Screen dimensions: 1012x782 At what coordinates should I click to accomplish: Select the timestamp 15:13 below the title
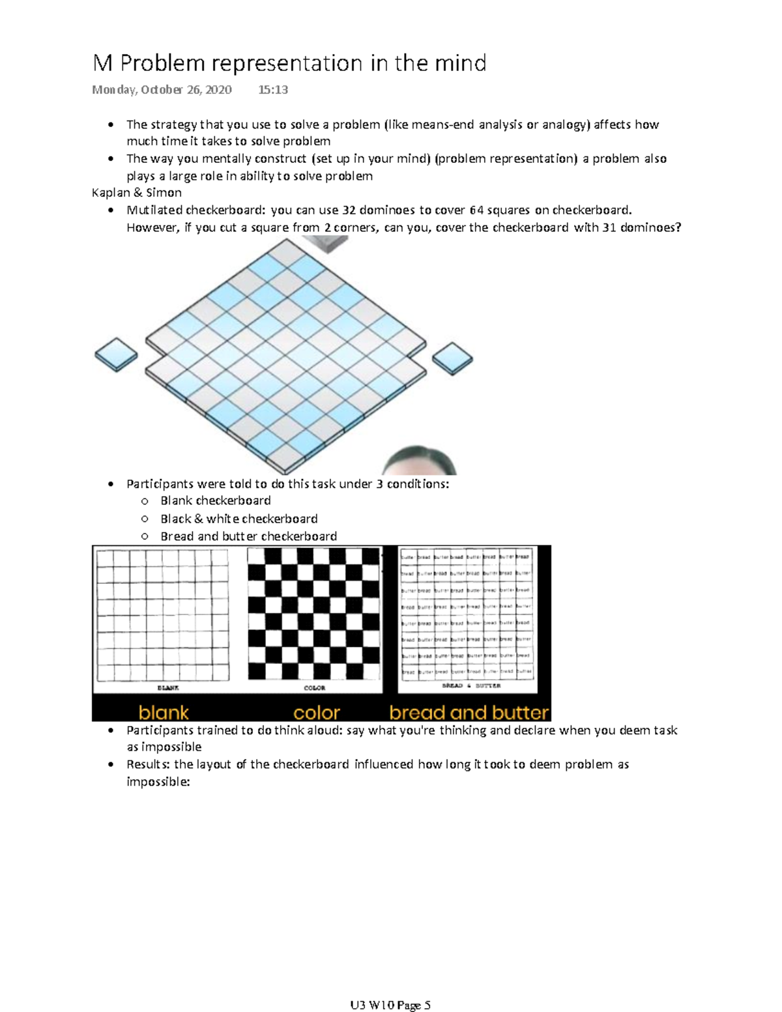pos(273,90)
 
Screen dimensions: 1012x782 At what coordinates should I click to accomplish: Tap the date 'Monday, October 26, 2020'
pos(162,90)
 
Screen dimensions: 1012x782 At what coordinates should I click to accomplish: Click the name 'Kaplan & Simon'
pos(137,193)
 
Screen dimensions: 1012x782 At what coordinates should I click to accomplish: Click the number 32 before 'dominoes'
pos(349,210)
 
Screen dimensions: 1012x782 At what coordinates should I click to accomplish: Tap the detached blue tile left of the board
pos(116,354)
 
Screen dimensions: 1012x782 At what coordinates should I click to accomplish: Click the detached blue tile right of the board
pos(452,358)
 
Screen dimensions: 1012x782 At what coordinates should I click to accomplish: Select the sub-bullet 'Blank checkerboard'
pos(216,500)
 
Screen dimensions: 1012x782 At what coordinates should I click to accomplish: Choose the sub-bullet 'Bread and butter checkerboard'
pos(248,536)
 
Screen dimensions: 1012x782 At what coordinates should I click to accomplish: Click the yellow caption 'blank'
pos(164,712)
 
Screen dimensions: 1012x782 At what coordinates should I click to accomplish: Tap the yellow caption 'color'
pos(317,712)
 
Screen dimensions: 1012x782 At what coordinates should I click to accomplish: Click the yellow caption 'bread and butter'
pos(469,712)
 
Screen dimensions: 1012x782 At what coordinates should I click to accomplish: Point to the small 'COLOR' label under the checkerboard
pos(315,687)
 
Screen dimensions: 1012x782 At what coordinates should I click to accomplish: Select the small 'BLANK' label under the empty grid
pos(168,687)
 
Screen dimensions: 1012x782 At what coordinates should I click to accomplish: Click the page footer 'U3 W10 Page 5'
pos(390,1005)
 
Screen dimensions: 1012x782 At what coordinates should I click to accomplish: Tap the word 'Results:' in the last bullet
pos(149,764)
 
